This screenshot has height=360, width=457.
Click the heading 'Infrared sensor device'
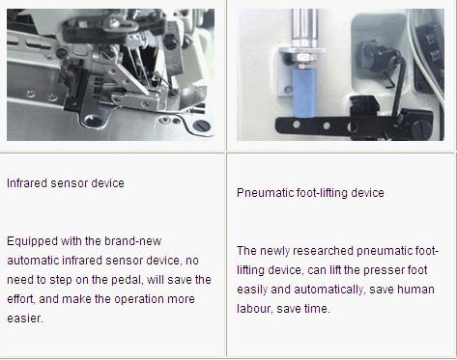[x=66, y=183]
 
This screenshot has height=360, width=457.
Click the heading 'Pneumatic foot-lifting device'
[x=310, y=193]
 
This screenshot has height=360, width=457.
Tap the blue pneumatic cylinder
[x=304, y=93]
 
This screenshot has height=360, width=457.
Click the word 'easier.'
[x=25, y=318]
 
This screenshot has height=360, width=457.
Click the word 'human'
[x=416, y=290]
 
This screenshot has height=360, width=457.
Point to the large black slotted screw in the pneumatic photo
[x=421, y=129]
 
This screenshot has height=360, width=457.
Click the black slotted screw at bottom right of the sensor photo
[x=201, y=125]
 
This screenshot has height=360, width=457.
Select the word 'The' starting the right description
[x=246, y=251]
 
